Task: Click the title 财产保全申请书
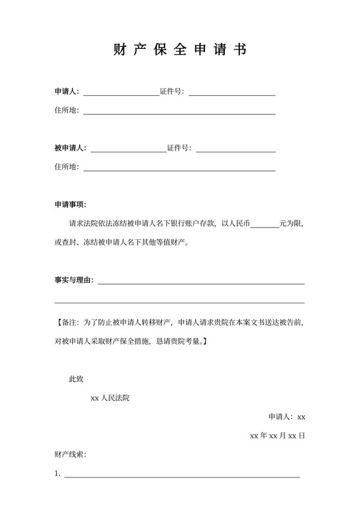[179, 50]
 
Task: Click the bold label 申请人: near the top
[67, 91]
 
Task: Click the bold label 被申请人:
[71, 148]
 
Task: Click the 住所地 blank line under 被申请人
[179, 170]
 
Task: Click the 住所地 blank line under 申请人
[179, 113]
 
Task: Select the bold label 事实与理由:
[74, 280]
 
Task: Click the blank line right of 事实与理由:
[201, 282]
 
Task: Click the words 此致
[76, 379]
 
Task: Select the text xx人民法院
[110, 398]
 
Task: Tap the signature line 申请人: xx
[287, 416]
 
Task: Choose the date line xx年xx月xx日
[277, 436]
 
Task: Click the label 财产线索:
[71, 455]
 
